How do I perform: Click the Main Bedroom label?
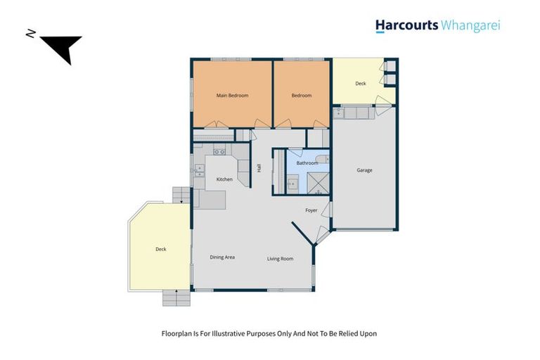[x=232, y=96]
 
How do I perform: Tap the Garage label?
[x=364, y=170]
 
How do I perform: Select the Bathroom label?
[x=307, y=163]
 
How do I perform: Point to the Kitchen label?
[x=224, y=179]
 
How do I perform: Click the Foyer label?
[x=311, y=210]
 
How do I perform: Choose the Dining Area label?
[x=222, y=257]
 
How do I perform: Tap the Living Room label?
[x=280, y=259]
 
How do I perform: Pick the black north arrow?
[x=62, y=48]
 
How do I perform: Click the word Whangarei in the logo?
[x=470, y=26]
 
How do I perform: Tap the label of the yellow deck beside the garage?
[x=361, y=84]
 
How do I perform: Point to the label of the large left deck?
[x=160, y=249]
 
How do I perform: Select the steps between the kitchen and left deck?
[x=181, y=195]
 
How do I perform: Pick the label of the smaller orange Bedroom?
[x=302, y=96]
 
